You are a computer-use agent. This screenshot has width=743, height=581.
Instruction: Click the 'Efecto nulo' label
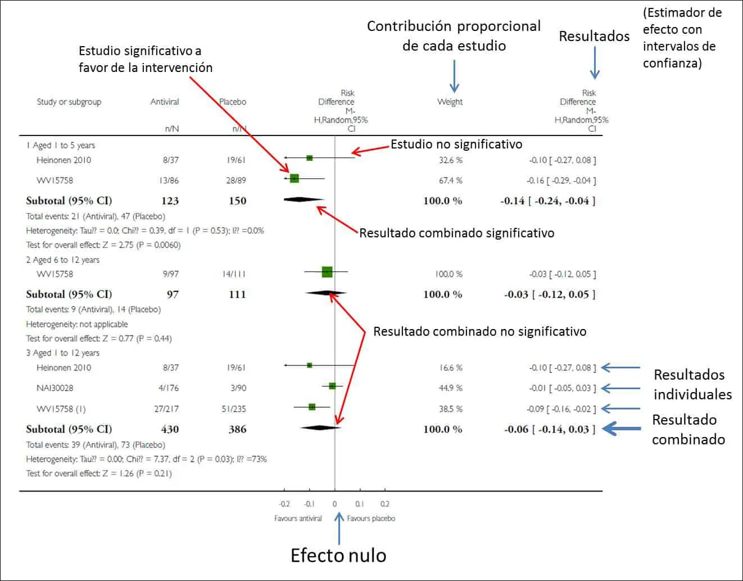tap(338, 555)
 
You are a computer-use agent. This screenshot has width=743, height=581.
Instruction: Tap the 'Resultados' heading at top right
tap(594, 37)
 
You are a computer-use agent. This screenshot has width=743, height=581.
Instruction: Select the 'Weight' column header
tap(450, 102)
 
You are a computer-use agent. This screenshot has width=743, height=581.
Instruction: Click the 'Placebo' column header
tap(233, 102)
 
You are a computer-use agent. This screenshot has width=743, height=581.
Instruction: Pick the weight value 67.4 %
tap(450, 181)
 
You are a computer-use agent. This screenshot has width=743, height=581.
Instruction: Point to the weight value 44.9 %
tap(450, 388)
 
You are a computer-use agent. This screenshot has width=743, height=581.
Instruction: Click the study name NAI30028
tap(55, 388)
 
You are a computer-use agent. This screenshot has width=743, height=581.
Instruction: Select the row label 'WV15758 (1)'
tap(61, 409)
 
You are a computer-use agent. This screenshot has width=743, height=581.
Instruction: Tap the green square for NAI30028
tap(332, 386)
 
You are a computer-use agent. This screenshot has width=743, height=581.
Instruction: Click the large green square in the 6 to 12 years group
tap(327, 272)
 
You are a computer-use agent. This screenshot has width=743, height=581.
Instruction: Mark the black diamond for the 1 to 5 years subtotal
tap(303, 199)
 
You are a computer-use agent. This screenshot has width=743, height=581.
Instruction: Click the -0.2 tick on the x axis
tap(284, 504)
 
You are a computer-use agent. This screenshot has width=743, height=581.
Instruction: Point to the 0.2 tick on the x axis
tap(384, 504)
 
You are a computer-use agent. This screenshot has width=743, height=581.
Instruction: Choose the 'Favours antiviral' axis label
tap(298, 519)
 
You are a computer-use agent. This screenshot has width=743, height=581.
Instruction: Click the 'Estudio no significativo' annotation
tap(456, 145)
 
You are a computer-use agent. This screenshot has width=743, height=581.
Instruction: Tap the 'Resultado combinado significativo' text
tap(456, 233)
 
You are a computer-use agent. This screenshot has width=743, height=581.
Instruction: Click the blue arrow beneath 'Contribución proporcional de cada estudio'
tap(454, 76)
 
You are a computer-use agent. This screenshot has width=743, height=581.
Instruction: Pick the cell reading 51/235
tap(233, 409)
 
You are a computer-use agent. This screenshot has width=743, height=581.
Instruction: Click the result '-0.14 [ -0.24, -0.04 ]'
tap(547, 201)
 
